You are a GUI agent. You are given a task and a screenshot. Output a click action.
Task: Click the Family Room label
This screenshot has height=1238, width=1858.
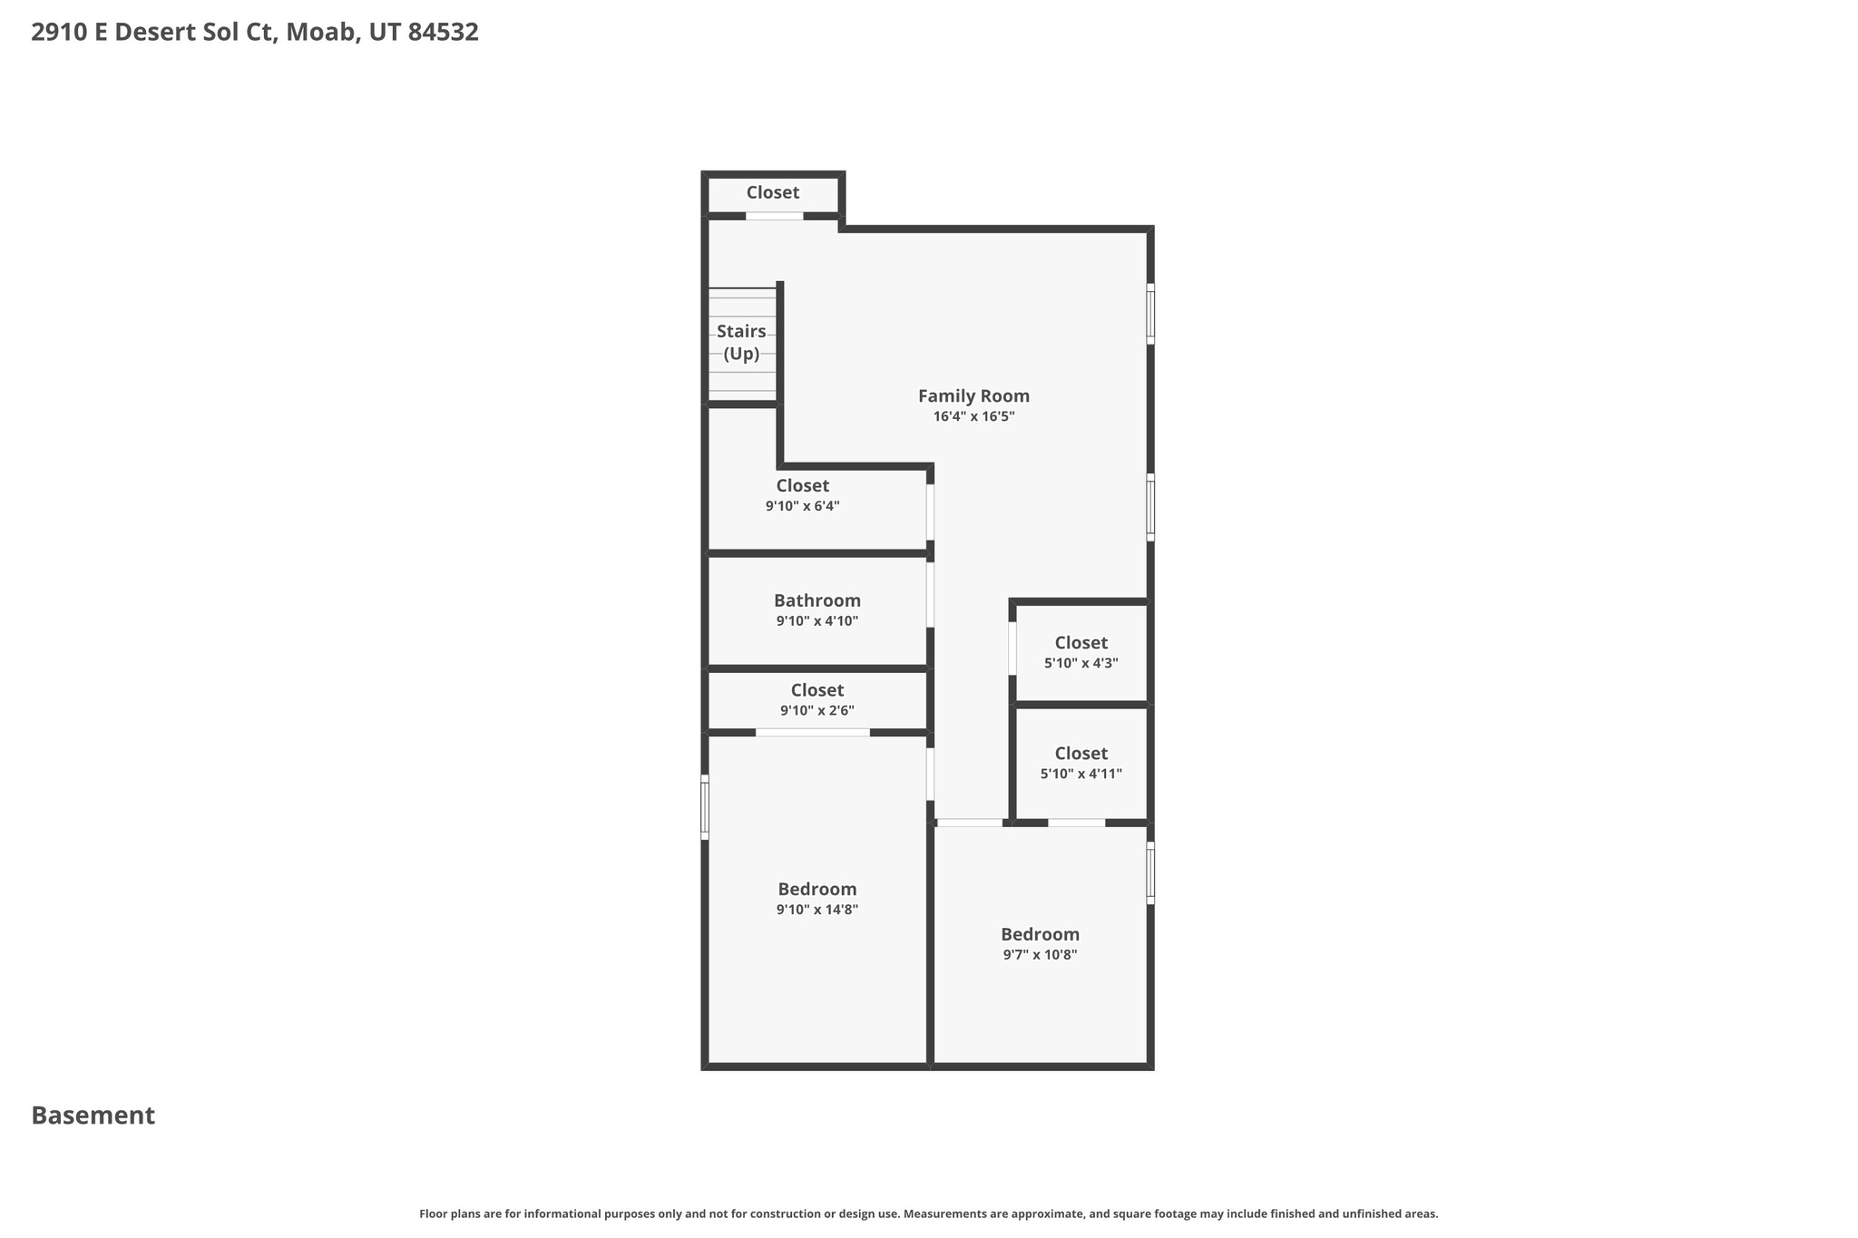pyautogui.click(x=973, y=396)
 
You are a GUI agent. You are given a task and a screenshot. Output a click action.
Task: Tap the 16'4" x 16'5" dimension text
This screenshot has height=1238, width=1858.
pyautogui.click(x=973, y=417)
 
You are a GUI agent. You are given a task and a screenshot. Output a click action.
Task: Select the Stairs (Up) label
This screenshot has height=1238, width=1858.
pyautogui.click(x=741, y=343)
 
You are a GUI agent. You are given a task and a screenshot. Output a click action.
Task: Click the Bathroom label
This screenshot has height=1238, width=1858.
pyautogui.click(x=817, y=600)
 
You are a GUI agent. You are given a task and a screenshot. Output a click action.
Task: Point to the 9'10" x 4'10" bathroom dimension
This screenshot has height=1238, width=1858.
pyautogui.click(x=817, y=621)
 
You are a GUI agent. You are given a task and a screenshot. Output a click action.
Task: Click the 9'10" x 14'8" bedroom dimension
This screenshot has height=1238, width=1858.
pyautogui.click(x=817, y=910)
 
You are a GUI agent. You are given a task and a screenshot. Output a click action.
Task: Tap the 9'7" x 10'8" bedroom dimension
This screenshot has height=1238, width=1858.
pyautogui.click(x=1040, y=955)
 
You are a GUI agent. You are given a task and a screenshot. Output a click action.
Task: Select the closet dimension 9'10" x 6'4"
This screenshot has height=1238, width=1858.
pyautogui.click(x=802, y=507)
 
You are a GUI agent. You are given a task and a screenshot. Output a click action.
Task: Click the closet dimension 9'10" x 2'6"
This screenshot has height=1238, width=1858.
pyautogui.click(x=817, y=711)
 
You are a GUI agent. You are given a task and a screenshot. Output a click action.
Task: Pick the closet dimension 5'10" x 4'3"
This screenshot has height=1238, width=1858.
pyautogui.click(x=1081, y=663)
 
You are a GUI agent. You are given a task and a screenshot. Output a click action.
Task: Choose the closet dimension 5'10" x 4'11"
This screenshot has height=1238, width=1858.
pyautogui.click(x=1081, y=775)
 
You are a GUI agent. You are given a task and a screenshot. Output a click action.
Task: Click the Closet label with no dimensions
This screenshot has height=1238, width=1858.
pyautogui.click(x=772, y=192)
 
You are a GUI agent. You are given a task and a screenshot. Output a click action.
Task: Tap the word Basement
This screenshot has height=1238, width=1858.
pyautogui.click(x=93, y=1116)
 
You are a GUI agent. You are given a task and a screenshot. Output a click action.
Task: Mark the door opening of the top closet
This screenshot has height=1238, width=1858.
pyautogui.click(x=774, y=216)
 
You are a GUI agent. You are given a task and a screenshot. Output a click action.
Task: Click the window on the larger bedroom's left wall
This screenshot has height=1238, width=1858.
pyautogui.click(x=705, y=806)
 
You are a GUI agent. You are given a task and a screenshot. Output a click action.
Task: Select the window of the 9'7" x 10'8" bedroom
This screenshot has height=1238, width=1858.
pyautogui.click(x=1150, y=872)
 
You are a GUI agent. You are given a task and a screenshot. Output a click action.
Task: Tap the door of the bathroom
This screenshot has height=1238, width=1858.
pyautogui.click(x=930, y=595)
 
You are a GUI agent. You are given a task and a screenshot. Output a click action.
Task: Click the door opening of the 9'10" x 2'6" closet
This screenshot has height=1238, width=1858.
pyautogui.click(x=812, y=732)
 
